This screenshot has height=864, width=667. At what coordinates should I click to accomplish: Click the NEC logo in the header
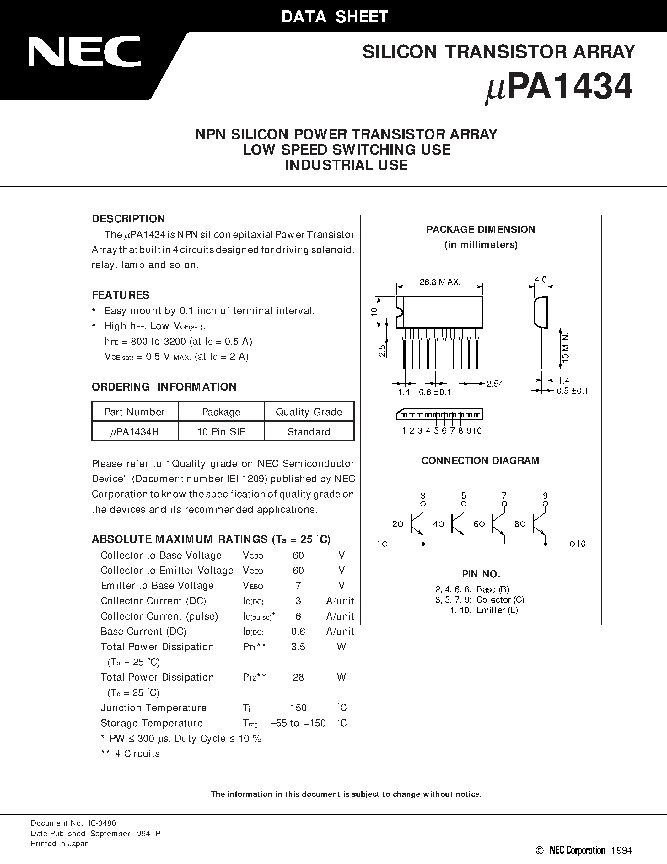(x=84, y=52)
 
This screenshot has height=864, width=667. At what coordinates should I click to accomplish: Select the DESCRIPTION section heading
(x=128, y=219)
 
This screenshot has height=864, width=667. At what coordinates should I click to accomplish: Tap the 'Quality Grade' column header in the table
(x=309, y=412)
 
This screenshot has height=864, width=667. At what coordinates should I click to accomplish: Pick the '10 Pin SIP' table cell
(x=221, y=432)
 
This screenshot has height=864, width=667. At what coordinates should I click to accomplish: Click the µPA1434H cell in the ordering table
(x=134, y=432)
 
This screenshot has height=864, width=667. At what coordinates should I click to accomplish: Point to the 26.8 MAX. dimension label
(x=440, y=282)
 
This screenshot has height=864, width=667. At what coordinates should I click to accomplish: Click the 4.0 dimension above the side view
(x=541, y=280)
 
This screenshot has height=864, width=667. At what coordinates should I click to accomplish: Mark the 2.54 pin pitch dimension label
(x=495, y=384)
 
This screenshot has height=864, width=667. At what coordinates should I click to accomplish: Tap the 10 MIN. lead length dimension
(x=565, y=347)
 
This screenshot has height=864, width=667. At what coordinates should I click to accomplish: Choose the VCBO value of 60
(x=298, y=555)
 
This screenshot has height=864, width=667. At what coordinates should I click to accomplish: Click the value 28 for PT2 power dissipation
(x=298, y=677)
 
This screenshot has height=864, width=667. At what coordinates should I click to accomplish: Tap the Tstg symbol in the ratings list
(x=250, y=723)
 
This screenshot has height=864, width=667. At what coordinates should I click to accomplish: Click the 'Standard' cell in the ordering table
(x=309, y=432)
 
